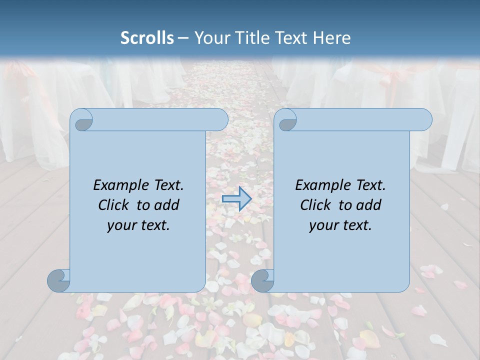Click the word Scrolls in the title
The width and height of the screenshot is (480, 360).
click(x=147, y=38)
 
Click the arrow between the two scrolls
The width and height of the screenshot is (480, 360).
click(x=236, y=198)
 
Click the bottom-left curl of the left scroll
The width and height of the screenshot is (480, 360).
click(x=58, y=280)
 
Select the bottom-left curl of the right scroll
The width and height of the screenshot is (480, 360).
click(x=262, y=280)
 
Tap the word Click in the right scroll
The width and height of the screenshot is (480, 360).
click(x=315, y=205)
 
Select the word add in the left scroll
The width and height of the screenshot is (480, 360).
click(x=166, y=205)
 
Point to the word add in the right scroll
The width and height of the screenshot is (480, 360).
click(x=369, y=205)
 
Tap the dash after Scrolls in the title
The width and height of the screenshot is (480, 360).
click(x=183, y=38)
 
